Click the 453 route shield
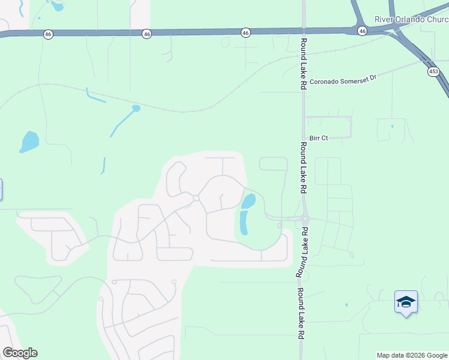433,71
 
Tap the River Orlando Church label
411,19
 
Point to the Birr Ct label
318,138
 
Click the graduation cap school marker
406,302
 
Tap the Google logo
20,353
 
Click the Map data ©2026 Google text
412,355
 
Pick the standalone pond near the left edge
29,142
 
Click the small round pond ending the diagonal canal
136,109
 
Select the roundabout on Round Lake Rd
304,219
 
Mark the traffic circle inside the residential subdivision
196,198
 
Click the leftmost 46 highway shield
48,35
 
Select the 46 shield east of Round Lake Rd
362,30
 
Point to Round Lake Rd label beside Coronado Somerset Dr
304,64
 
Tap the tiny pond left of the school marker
346,305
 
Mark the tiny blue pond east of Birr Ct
392,126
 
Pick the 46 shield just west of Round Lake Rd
246,32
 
